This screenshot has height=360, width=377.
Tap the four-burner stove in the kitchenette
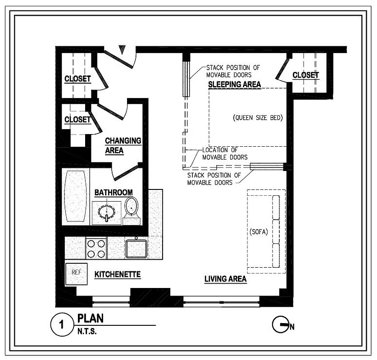pos(95,248)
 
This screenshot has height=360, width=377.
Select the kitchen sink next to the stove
pos(136,248)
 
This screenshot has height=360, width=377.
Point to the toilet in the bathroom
pos(131,207)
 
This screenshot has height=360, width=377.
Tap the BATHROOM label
pos(113,193)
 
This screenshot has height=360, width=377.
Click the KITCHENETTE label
pos(117,274)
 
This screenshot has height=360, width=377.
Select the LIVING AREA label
pos(225,279)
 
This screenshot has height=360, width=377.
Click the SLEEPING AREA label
pos(234,85)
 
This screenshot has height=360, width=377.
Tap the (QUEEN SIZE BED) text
pos(258,118)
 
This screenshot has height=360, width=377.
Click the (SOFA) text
pos(259,232)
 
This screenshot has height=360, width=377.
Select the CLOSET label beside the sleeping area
pos(305,75)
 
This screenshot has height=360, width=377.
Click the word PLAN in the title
pos(90,319)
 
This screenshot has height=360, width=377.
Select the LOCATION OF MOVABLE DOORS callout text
pos(225,153)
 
